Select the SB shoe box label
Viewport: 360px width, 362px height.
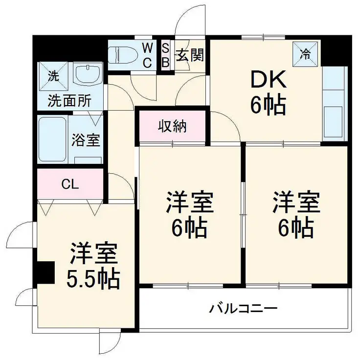[x=165, y=55]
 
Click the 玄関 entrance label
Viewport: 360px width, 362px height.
[x=190, y=55]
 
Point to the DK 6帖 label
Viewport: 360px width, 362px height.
[x=268, y=92]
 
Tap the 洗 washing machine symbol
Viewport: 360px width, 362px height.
[x=52, y=76]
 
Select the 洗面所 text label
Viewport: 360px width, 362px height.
[x=69, y=101]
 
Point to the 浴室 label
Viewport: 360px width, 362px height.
[x=86, y=140]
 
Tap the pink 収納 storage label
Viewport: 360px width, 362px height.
[x=172, y=127]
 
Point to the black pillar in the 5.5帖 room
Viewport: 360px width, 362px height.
[x=46, y=272]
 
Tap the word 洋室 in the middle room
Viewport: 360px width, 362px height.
[x=190, y=203]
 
